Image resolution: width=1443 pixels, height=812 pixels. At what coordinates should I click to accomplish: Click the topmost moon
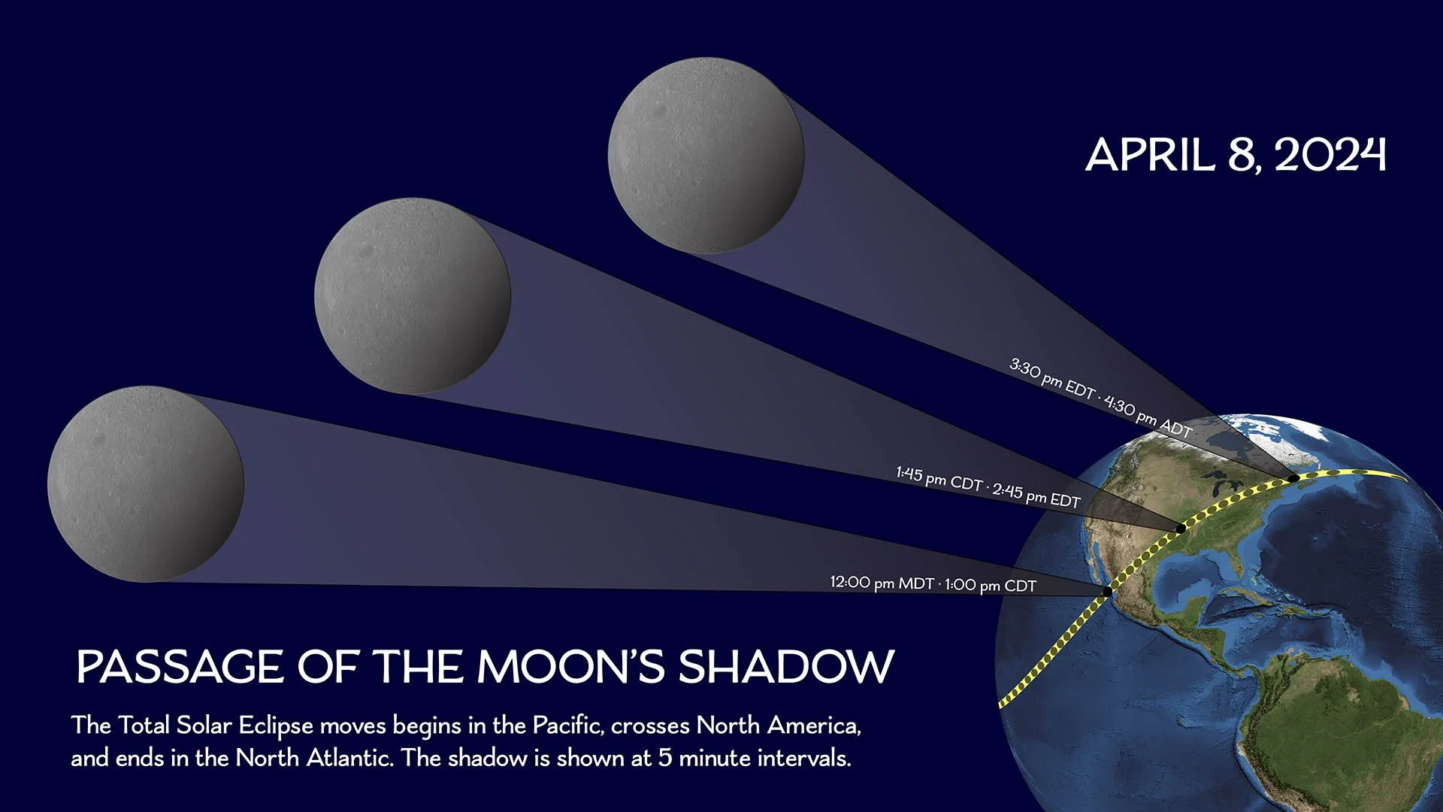point(706,155)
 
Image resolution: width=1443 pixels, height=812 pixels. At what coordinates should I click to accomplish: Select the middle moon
point(413,295)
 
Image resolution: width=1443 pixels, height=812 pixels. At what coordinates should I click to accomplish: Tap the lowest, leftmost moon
point(145,483)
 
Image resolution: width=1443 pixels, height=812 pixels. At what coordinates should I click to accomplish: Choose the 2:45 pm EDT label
point(1036,495)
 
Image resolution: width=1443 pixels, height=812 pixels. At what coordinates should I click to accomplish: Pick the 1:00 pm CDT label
point(991,585)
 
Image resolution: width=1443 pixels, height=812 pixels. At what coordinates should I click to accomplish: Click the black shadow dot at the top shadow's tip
point(1293,477)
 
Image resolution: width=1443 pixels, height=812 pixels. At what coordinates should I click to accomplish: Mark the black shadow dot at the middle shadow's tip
point(1180,529)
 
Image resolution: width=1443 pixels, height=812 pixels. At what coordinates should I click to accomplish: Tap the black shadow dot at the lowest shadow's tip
point(1107,592)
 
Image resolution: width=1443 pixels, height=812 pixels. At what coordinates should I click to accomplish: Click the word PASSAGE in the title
point(180,667)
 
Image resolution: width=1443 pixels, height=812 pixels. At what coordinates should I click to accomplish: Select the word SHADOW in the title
point(786,667)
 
